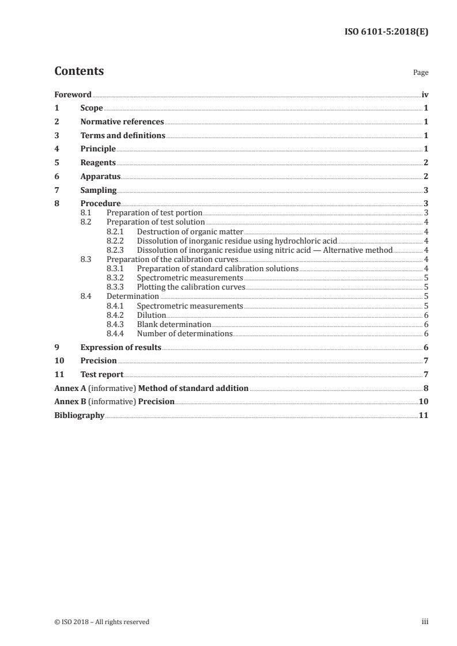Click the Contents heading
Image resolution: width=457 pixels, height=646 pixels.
click(79, 71)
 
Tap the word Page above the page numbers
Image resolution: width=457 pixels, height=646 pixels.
click(421, 73)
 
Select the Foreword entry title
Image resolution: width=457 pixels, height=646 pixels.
click(73, 94)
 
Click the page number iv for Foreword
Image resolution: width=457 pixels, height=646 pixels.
click(425, 94)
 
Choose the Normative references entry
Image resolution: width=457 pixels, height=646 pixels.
click(122, 122)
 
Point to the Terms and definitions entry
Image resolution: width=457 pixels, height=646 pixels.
click(123, 136)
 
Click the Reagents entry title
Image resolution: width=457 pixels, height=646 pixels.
click(98, 163)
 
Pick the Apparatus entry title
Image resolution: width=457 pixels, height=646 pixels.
click(100, 177)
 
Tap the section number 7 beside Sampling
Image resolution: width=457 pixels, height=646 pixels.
click(56, 191)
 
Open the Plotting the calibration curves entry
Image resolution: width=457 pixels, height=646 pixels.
click(191, 287)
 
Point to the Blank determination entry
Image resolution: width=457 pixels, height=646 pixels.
click(174, 325)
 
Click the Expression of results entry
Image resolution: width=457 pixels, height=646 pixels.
click(120, 347)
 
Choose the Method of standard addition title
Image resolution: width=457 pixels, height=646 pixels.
click(194, 389)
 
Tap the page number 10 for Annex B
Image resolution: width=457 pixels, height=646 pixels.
click(423, 402)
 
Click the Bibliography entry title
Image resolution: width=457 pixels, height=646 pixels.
click(79, 416)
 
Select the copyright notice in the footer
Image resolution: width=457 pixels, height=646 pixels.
click(102, 622)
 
